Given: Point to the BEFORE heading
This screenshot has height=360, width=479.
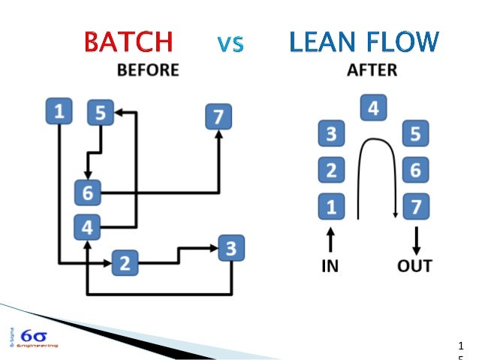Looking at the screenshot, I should (148, 71).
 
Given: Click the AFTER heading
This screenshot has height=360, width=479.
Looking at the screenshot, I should (372, 71).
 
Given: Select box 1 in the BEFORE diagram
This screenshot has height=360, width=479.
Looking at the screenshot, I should (59, 113).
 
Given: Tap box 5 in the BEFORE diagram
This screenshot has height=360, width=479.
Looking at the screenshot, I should (100, 113).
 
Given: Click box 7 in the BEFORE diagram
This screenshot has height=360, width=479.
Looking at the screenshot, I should (218, 116).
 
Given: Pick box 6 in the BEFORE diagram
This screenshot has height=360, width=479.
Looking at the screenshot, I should (87, 192).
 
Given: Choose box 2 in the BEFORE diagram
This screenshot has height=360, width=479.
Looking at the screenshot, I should (125, 263).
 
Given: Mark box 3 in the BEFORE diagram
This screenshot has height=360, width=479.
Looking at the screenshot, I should (232, 247).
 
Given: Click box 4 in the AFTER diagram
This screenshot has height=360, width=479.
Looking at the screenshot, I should (372, 109).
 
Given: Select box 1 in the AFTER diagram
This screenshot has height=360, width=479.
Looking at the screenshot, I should (330, 205).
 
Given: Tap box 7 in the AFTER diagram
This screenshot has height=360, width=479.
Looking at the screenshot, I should (415, 205).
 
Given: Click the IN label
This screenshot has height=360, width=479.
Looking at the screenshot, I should (330, 265).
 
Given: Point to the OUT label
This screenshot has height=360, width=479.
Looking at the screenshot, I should (415, 265).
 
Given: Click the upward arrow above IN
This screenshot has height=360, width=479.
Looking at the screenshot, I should (330, 240).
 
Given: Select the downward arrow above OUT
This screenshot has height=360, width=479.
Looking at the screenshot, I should (415, 240).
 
